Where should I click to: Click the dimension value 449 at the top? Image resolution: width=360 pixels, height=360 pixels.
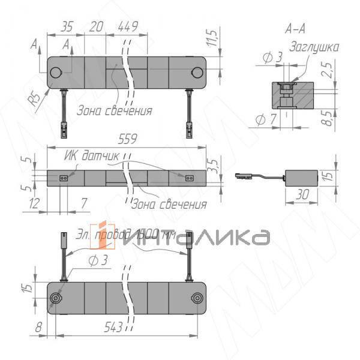[128, 26]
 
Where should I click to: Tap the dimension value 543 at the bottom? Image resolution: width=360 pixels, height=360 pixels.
[112, 328]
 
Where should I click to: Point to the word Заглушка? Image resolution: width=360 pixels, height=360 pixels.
[314, 47]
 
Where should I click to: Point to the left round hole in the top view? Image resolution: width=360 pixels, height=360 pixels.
[56, 73]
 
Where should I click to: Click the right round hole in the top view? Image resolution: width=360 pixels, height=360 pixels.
[197, 73]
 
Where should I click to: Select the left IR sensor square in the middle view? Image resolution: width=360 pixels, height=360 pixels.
[64, 178]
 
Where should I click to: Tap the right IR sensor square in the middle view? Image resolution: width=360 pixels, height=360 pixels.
[190, 178]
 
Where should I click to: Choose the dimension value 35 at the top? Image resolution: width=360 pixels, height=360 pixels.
[67, 26]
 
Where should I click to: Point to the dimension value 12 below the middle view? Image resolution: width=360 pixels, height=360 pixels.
[33, 205]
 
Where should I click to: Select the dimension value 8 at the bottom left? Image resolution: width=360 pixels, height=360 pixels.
[39, 328]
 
